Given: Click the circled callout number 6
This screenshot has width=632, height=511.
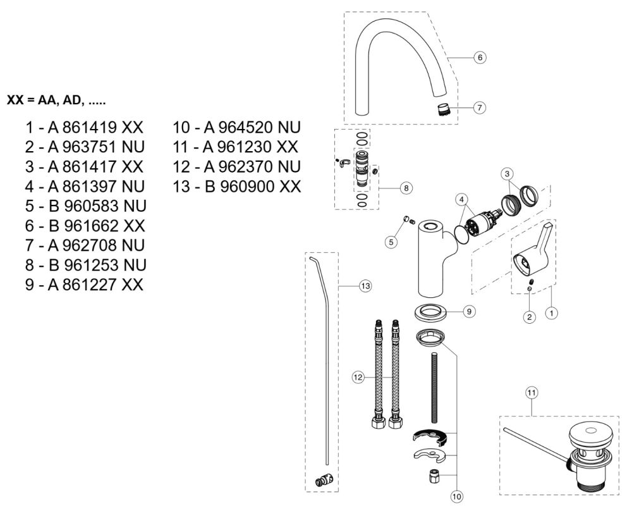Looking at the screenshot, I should click(480, 57).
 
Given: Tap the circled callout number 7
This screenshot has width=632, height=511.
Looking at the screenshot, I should click(480, 107).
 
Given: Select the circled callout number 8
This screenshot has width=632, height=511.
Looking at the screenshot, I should click(406, 188).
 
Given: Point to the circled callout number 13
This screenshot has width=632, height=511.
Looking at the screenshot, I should click(365, 286).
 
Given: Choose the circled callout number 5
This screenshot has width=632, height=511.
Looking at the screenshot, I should click(392, 241).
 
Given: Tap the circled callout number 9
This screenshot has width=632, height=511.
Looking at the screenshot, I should click(468, 311).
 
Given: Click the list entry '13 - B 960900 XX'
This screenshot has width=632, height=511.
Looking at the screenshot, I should click(236, 187).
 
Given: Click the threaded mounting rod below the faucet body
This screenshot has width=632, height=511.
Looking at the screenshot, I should click(434, 388).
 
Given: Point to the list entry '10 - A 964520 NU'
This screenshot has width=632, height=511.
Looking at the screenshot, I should click(236, 128).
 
